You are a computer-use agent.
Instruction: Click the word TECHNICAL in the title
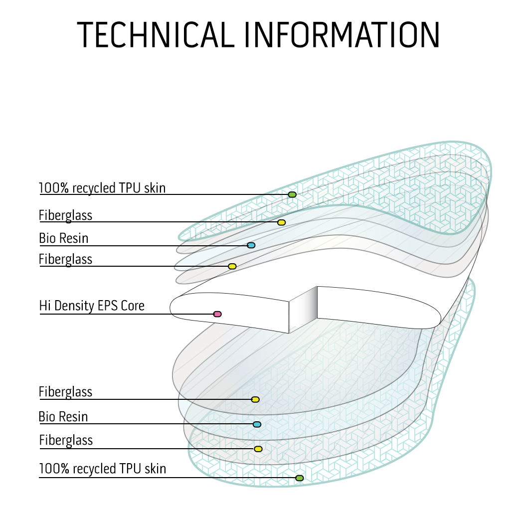(x=155, y=34)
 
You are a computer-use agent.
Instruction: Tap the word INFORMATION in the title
(x=342, y=34)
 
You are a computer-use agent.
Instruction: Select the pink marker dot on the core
(x=217, y=314)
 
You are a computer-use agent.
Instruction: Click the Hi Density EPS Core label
(x=92, y=306)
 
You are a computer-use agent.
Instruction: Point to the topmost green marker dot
(x=292, y=194)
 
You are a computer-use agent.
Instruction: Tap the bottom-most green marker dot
(x=299, y=478)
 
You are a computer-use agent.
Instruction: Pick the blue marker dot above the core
(x=251, y=245)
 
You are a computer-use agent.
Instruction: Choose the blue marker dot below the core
(x=257, y=424)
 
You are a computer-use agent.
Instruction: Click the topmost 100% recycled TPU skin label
(x=102, y=188)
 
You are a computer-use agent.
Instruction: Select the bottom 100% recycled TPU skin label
(x=102, y=469)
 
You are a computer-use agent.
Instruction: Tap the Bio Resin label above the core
(x=64, y=238)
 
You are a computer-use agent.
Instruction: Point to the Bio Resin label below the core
(x=63, y=416)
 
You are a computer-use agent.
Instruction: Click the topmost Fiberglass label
(x=66, y=215)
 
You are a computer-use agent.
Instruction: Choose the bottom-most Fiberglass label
(x=66, y=441)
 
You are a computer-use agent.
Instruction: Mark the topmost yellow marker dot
(x=281, y=222)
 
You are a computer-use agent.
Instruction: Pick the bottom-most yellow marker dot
(x=258, y=449)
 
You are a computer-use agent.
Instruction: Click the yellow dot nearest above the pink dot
(x=232, y=266)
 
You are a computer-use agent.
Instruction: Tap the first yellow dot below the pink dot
(x=255, y=399)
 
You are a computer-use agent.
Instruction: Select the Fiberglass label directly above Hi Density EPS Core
(x=66, y=259)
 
